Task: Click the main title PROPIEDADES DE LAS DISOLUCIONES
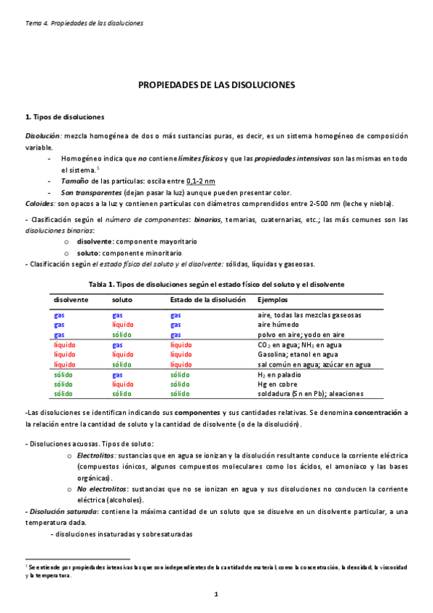[217, 85]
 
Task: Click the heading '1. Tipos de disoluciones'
[64, 117]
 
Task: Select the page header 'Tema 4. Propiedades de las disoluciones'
[84, 22]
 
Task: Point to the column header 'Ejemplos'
[273, 299]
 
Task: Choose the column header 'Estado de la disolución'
[208, 299]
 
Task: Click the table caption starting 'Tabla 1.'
[216, 285]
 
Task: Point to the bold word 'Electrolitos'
[96, 457]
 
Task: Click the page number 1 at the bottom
[215, 593]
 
